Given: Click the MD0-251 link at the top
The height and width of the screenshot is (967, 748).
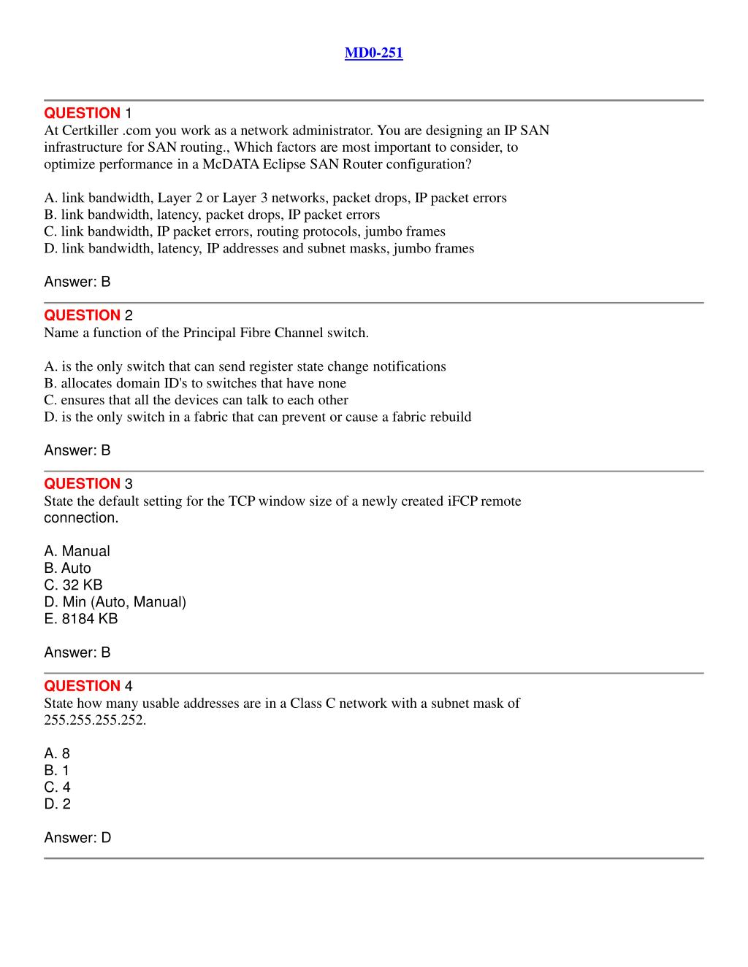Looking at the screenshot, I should point(373,53).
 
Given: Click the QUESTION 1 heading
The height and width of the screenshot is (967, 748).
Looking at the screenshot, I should point(88,113).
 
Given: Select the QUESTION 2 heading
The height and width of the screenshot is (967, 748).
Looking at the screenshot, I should point(88,315).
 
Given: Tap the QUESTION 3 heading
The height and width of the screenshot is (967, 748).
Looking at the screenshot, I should point(88,484).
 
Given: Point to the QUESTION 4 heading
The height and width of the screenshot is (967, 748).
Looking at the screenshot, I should point(88,686).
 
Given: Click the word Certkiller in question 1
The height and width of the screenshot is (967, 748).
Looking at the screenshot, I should point(91,131).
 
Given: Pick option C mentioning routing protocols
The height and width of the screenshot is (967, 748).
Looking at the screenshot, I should point(244,231).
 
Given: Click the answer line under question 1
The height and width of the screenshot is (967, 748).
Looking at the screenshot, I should point(77,282).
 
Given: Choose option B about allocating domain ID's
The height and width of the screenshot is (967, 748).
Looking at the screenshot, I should point(195,383).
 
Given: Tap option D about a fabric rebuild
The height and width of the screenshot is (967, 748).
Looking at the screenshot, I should point(257,417).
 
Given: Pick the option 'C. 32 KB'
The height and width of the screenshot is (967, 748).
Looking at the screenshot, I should point(73,585).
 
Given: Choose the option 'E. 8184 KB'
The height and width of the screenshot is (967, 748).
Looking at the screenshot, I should point(80,619).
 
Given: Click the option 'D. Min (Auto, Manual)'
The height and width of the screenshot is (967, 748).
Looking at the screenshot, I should point(115,602).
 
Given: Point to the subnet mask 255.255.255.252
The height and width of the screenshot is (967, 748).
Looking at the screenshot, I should point(95,720).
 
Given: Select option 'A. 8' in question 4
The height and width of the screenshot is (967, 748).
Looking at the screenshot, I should point(57,754).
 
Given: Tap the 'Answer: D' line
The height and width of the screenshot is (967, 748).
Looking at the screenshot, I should point(77,838).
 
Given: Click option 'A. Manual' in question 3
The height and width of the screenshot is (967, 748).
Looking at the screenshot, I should point(77,552).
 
